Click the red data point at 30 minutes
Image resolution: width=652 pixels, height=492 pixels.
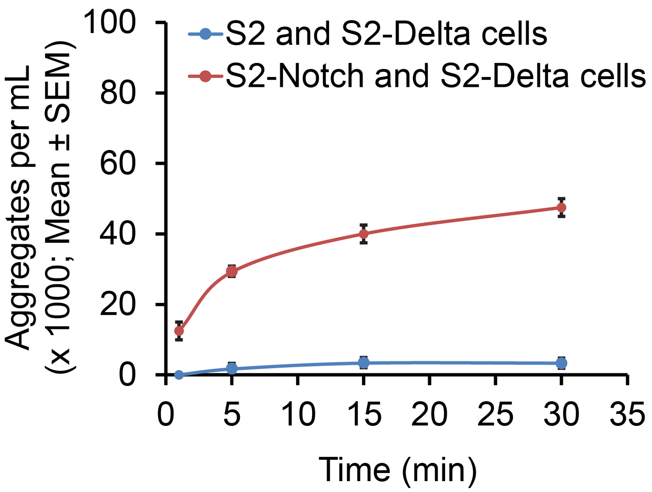click(x=561, y=208)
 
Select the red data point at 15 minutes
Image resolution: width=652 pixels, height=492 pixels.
click(x=364, y=234)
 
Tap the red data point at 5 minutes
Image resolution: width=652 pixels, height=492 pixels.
click(x=232, y=272)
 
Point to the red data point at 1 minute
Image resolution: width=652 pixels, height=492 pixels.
click(x=179, y=331)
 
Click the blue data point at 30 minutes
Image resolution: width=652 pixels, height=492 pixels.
click(x=561, y=363)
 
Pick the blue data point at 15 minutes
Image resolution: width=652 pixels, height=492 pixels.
click(x=364, y=362)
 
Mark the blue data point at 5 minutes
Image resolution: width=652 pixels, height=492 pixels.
click(x=232, y=369)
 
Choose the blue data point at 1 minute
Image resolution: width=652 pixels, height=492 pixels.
click(x=179, y=375)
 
